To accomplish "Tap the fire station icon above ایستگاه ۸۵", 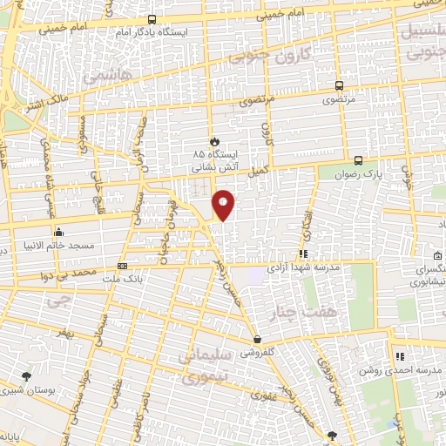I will [213, 139].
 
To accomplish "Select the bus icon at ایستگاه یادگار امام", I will [152, 19].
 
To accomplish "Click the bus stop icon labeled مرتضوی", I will [339, 86].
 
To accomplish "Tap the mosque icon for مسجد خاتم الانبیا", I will [58, 232].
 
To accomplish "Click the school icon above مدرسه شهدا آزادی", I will [303, 254].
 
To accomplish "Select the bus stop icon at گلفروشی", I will [257, 340].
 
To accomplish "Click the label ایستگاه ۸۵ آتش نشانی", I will [213, 158].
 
